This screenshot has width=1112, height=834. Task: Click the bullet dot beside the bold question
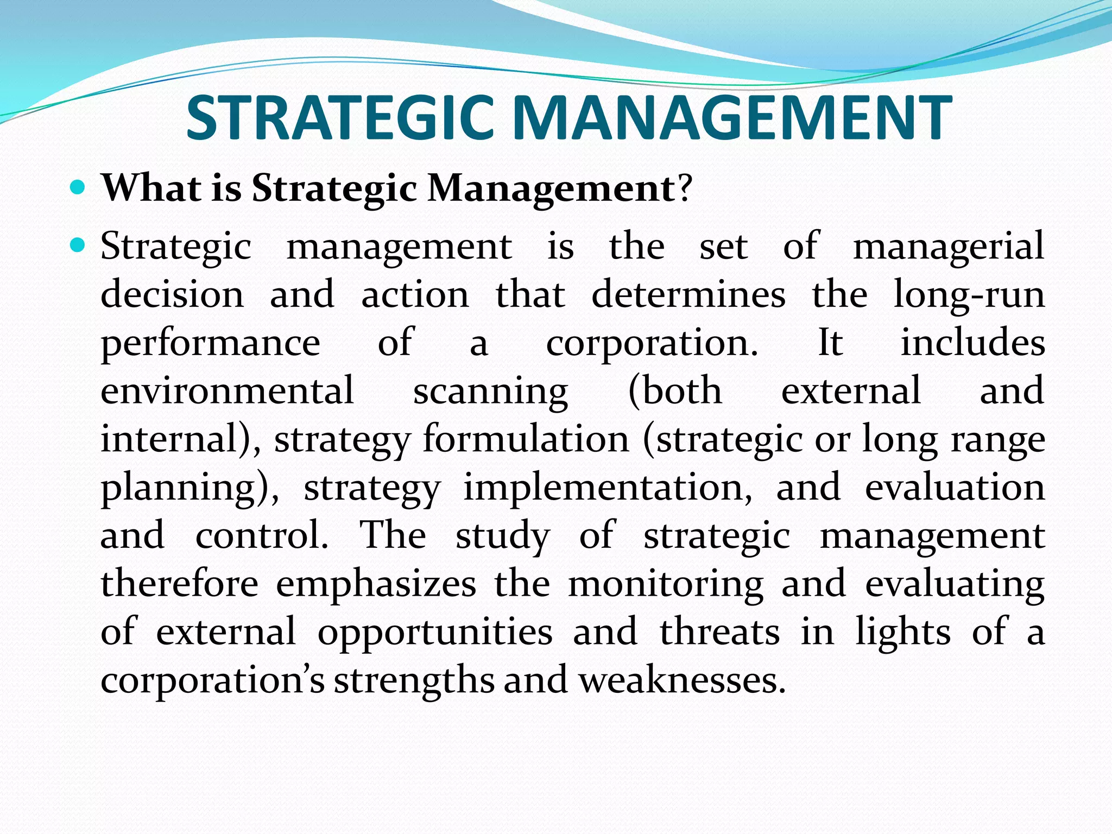78,188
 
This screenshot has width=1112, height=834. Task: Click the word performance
211,344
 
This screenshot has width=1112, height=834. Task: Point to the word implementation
608,487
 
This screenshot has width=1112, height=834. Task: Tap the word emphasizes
376,584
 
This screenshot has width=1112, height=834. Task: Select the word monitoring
666,585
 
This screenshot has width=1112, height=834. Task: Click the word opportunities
435,633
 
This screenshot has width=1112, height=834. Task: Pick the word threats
719,632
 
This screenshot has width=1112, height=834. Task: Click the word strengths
414,681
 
